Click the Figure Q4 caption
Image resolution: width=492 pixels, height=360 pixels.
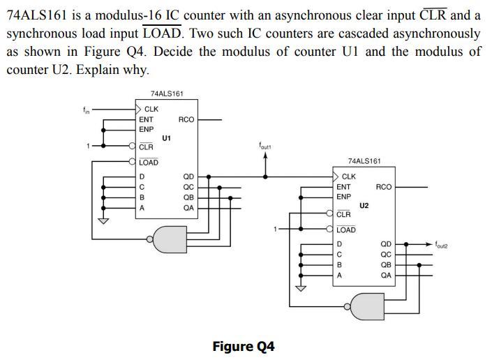(244, 347)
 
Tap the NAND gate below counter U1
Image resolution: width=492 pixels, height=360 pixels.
(171, 239)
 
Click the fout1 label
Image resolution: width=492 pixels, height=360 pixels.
(264, 147)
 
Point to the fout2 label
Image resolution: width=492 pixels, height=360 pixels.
(442, 245)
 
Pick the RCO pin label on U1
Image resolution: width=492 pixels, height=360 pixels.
(186, 120)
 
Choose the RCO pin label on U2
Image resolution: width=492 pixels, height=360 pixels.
(383, 187)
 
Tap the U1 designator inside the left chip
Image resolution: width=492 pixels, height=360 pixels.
(166, 138)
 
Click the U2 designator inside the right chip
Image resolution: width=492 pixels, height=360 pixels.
(364, 206)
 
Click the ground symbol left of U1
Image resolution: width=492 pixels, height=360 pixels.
(104, 222)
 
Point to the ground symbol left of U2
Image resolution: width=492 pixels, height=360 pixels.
(301, 289)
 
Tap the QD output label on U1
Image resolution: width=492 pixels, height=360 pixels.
(188, 177)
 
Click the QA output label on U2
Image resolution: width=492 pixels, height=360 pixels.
(386, 275)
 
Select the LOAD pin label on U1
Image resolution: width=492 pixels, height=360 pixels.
(149, 163)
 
